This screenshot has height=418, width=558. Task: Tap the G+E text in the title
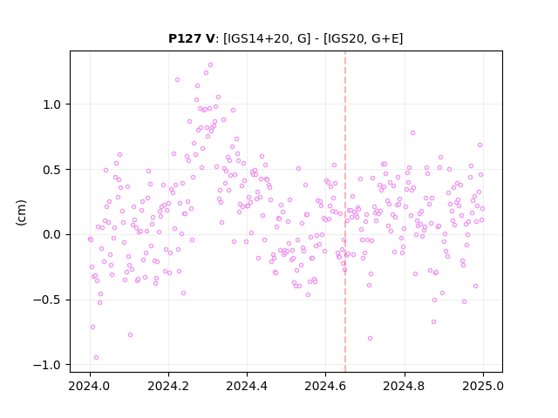(385, 38)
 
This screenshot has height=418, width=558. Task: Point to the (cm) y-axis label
(21, 212)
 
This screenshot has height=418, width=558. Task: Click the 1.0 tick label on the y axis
(52, 104)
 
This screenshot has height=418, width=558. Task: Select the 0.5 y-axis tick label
(52, 170)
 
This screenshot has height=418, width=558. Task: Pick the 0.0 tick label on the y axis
(52, 234)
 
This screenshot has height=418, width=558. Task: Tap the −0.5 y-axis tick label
(47, 300)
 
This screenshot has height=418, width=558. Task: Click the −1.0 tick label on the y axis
(47, 365)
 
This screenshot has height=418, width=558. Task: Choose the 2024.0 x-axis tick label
(90, 386)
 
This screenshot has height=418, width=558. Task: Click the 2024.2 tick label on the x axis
(168, 386)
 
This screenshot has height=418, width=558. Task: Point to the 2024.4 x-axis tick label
(247, 386)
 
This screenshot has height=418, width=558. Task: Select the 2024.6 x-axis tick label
(325, 386)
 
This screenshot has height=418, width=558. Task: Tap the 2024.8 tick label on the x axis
(404, 386)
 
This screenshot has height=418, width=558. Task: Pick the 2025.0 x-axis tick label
(483, 386)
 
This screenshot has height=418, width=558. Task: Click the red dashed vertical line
(345, 212)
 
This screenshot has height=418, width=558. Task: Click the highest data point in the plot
(210, 65)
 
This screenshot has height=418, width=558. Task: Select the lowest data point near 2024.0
(96, 358)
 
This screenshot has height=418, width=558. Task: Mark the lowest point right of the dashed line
(370, 339)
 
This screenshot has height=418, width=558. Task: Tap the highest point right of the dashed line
(412, 133)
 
